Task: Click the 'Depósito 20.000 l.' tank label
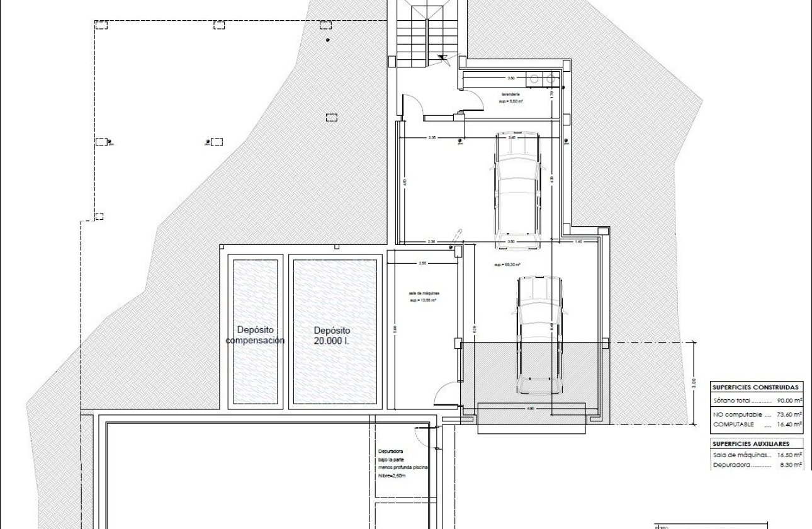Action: click(x=332, y=335)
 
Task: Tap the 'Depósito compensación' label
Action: click(x=255, y=335)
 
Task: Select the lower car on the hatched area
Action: click(x=539, y=334)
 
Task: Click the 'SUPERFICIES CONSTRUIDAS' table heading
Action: click(x=756, y=387)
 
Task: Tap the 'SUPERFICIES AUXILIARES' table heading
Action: click(x=750, y=443)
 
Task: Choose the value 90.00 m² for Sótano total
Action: click(x=789, y=401)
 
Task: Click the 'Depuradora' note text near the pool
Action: click(x=390, y=452)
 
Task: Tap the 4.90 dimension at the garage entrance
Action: click(x=530, y=409)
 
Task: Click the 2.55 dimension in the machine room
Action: click(x=422, y=263)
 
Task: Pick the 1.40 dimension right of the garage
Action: click(x=578, y=242)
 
